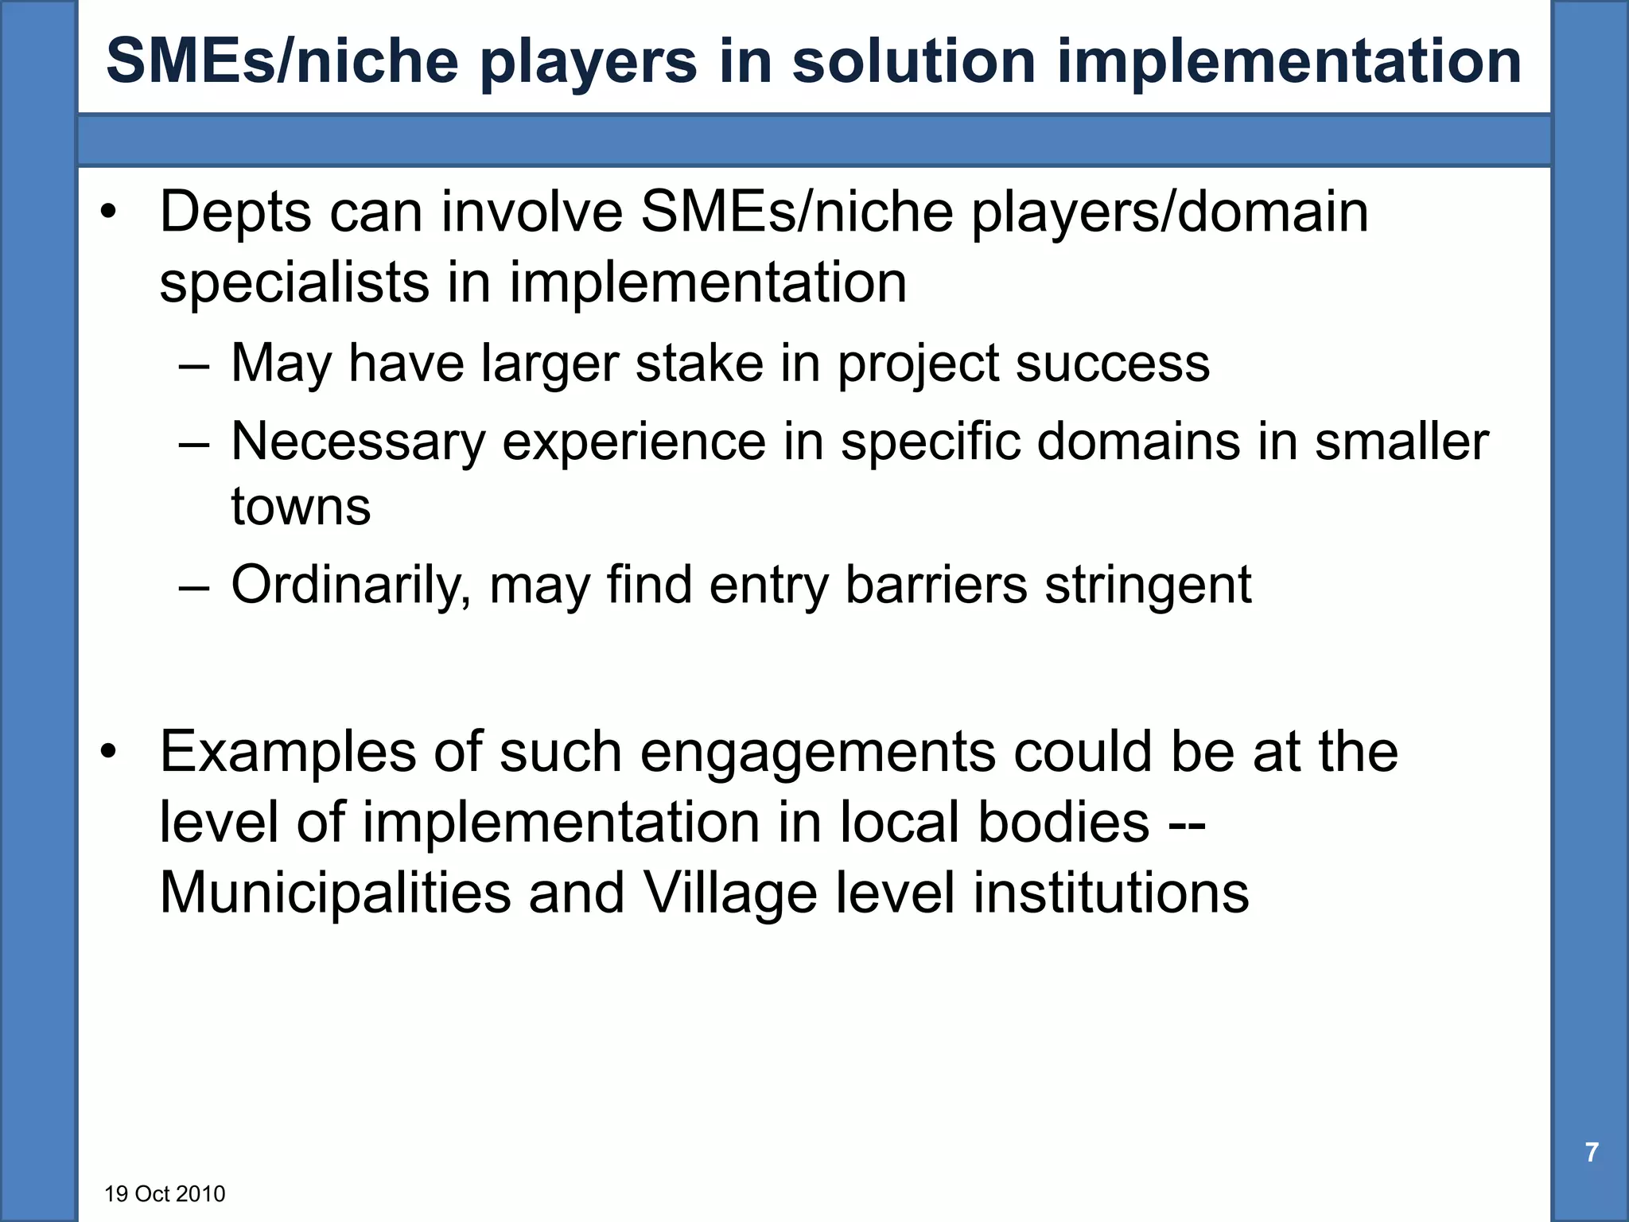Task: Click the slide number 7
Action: [x=1592, y=1152]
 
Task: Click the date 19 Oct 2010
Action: [x=165, y=1194]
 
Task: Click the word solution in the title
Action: [x=913, y=62]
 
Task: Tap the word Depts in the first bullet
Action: [x=236, y=213]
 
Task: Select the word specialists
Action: [x=294, y=283]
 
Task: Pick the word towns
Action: [x=301, y=507]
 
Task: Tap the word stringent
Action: [x=1148, y=586]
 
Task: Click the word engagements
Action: [x=817, y=753]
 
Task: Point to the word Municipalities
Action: [x=335, y=893]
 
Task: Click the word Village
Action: [x=729, y=893]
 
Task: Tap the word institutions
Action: [x=1110, y=893]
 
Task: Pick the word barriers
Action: [x=935, y=586]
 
